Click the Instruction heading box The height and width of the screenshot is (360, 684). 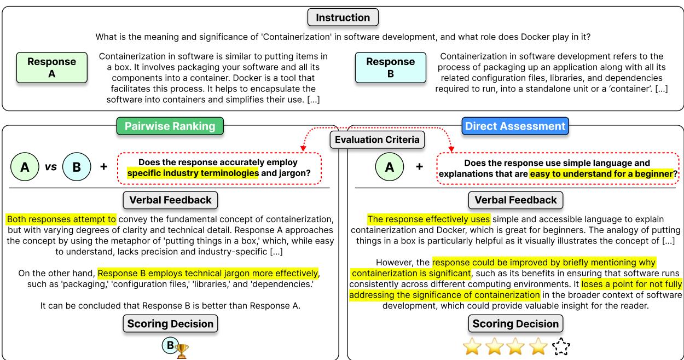(343, 17)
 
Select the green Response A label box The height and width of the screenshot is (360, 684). (52, 67)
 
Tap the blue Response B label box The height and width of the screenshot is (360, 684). (390, 67)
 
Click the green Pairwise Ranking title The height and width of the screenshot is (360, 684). (170, 126)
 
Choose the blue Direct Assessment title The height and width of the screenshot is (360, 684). (514, 126)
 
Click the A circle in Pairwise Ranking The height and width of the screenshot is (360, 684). (25, 166)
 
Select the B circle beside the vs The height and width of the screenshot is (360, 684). (77, 166)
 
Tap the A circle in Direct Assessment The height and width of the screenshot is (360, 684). (390, 166)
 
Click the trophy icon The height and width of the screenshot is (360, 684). (181, 351)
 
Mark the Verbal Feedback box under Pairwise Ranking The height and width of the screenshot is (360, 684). (170, 200)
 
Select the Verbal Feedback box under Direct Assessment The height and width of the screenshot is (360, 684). (514, 200)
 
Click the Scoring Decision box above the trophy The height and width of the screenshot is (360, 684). (170, 324)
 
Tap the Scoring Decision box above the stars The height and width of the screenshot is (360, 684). (514, 324)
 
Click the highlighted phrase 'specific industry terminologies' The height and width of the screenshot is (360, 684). (193, 173)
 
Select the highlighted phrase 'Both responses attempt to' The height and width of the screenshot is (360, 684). (61, 219)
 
